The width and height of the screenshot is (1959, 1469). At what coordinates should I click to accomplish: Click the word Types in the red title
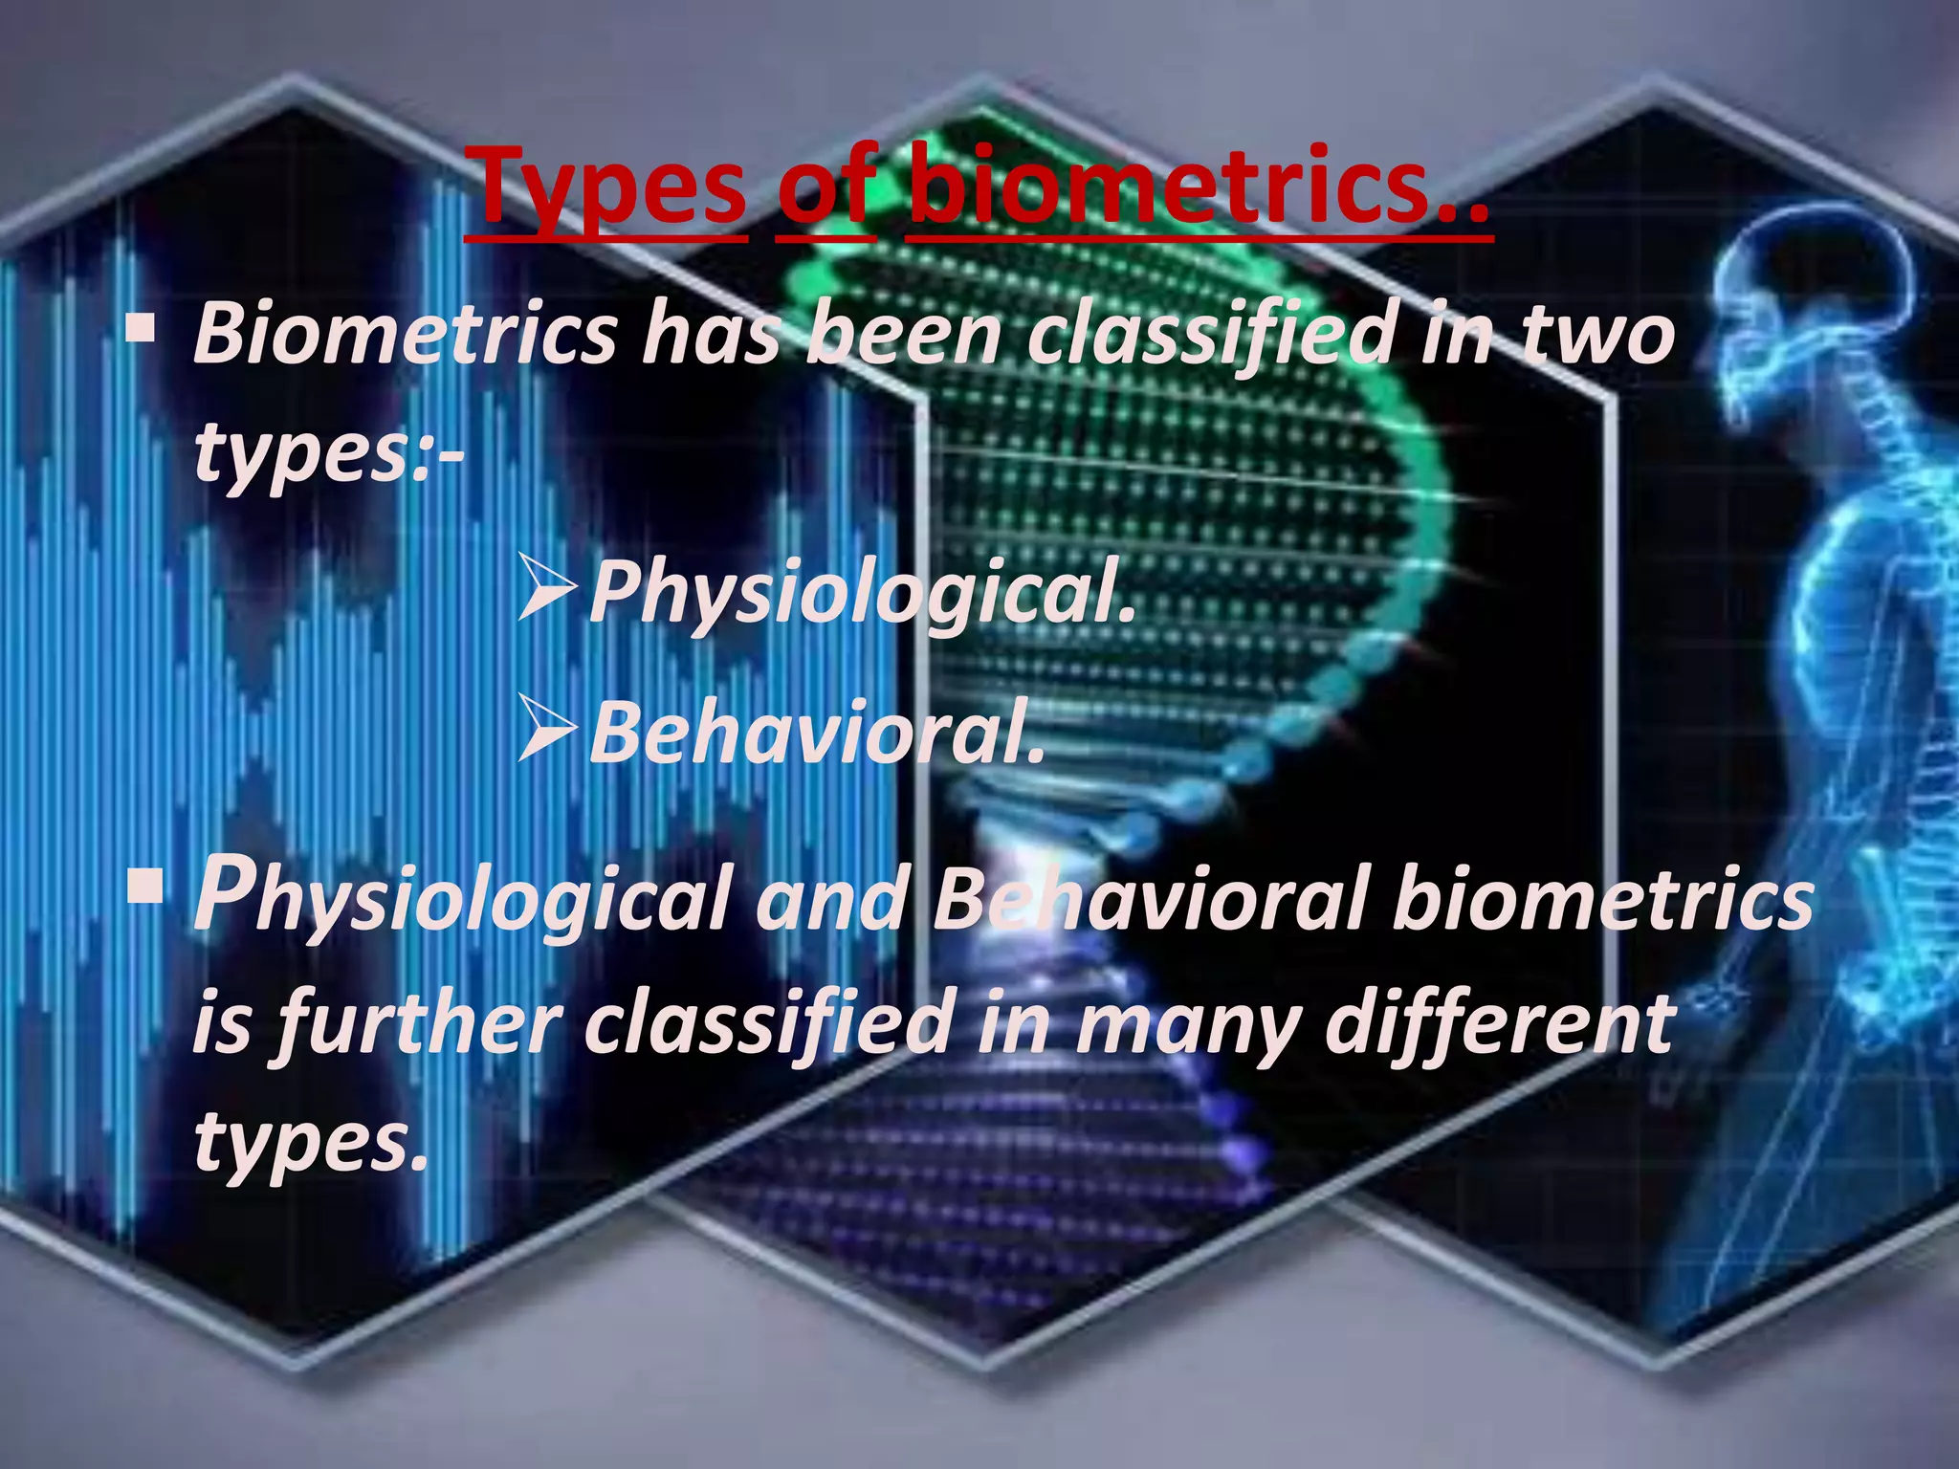click(x=610, y=186)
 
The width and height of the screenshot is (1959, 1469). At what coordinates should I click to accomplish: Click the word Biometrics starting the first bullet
click(x=406, y=335)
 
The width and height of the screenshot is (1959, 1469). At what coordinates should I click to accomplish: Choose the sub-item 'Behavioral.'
click(x=817, y=733)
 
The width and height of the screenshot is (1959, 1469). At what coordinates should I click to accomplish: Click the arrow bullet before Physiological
click(x=547, y=584)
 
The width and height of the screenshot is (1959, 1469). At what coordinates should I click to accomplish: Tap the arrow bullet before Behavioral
click(x=547, y=728)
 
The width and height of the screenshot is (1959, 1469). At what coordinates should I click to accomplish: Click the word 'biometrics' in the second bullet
click(x=1602, y=899)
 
